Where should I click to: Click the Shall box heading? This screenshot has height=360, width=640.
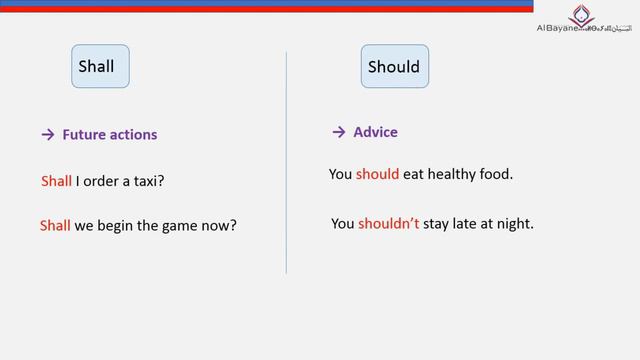[96, 67]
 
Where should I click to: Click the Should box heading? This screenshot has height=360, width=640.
[394, 68]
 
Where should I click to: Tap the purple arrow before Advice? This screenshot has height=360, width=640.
[338, 132]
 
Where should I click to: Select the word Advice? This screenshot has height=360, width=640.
[375, 132]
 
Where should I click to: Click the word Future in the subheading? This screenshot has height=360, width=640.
[84, 135]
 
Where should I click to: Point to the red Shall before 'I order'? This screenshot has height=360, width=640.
[56, 181]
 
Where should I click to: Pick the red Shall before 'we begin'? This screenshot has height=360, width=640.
[55, 225]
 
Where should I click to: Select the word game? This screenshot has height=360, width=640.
[181, 225]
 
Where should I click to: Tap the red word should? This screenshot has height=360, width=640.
[377, 174]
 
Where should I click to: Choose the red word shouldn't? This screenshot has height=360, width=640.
[389, 224]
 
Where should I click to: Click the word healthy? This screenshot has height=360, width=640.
[454, 174]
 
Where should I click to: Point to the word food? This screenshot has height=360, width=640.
[497, 174]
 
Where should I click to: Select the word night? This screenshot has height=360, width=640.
[516, 224]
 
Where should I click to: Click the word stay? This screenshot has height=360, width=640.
[438, 224]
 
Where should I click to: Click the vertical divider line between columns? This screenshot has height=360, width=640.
[287, 160]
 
